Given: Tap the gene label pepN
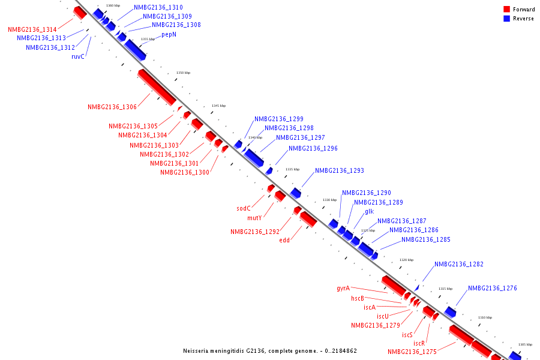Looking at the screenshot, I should (x=169, y=35).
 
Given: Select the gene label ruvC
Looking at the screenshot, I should (x=78, y=57).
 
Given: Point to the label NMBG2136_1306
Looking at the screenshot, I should (x=112, y=107).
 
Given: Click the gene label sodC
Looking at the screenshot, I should (x=243, y=208).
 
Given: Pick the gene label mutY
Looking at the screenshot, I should (x=254, y=218).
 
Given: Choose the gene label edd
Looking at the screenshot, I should (x=284, y=240).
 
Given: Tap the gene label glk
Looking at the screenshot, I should (x=369, y=212).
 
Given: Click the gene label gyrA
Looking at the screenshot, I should (x=343, y=289).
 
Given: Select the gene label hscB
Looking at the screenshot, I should (x=358, y=298).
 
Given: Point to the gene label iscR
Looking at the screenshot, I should (x=419, y=343).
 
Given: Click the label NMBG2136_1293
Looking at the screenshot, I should (x=340, y=170).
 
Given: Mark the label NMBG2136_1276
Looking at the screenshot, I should (x=493, y=288).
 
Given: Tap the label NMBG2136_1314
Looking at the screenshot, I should (x=32, y=29).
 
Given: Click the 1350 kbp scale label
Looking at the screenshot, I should (x=183, y=73).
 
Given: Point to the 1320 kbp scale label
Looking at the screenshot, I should (x=407, y=260).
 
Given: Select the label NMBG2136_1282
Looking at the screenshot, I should (x=459, y=264).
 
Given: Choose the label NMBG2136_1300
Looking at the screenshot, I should (x=185, y=172).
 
